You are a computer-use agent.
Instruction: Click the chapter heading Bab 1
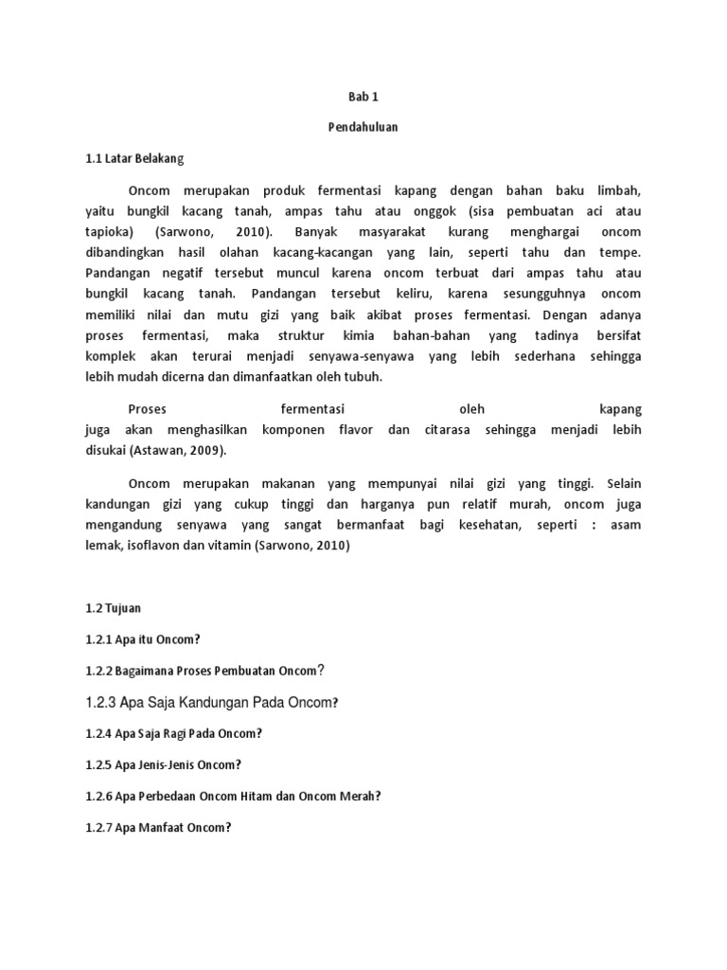363,97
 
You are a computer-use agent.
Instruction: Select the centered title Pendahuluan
363,127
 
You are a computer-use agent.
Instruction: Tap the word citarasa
456,430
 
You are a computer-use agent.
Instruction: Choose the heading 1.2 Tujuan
114,607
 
